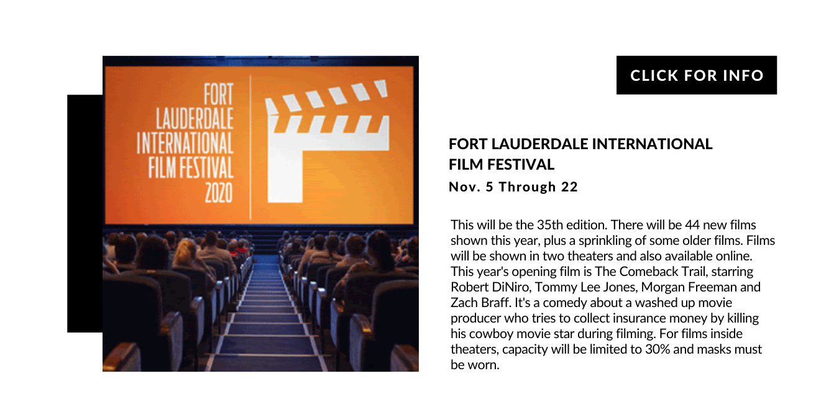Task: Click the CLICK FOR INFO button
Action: (x=696, y=75)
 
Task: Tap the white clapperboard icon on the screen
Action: (x=327, y=141)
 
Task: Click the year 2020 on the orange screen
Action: (x=219, y=193)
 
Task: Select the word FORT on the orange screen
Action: (x=218, y=94)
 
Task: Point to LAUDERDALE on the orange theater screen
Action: (x=195, y=119)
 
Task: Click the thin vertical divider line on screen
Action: (x=250, y=147)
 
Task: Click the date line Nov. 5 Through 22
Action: (x=513, y=187)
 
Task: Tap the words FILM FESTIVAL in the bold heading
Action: (x=502, y=165)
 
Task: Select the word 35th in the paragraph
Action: (x=550, y=225)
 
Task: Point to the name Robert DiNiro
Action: (x=490, y=287)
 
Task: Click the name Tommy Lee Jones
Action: (x=586, y=287)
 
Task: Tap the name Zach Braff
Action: (x=480, y=303)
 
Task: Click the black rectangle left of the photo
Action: (x=85, y=213)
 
